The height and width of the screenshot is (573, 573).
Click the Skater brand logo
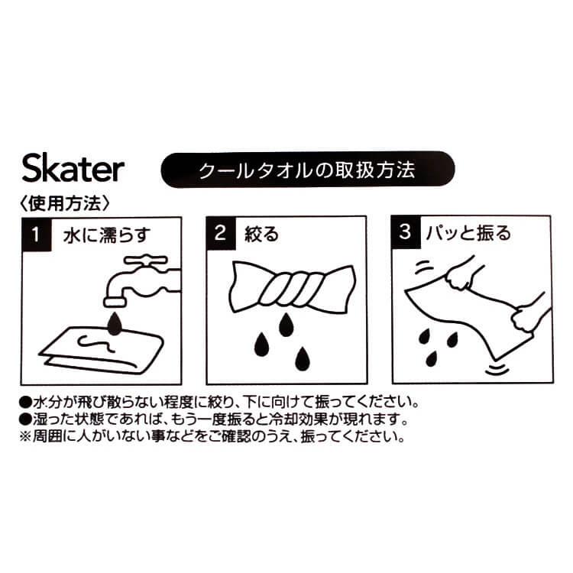pyautogui.click(x=73, y=170)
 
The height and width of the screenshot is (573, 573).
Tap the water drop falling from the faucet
pyautogui.click(x=115, y=323)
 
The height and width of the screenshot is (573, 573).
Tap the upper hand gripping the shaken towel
pyautogui.click(x=461, y=276)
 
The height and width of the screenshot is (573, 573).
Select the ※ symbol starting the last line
pyautogui.click(x=27, y=438)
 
